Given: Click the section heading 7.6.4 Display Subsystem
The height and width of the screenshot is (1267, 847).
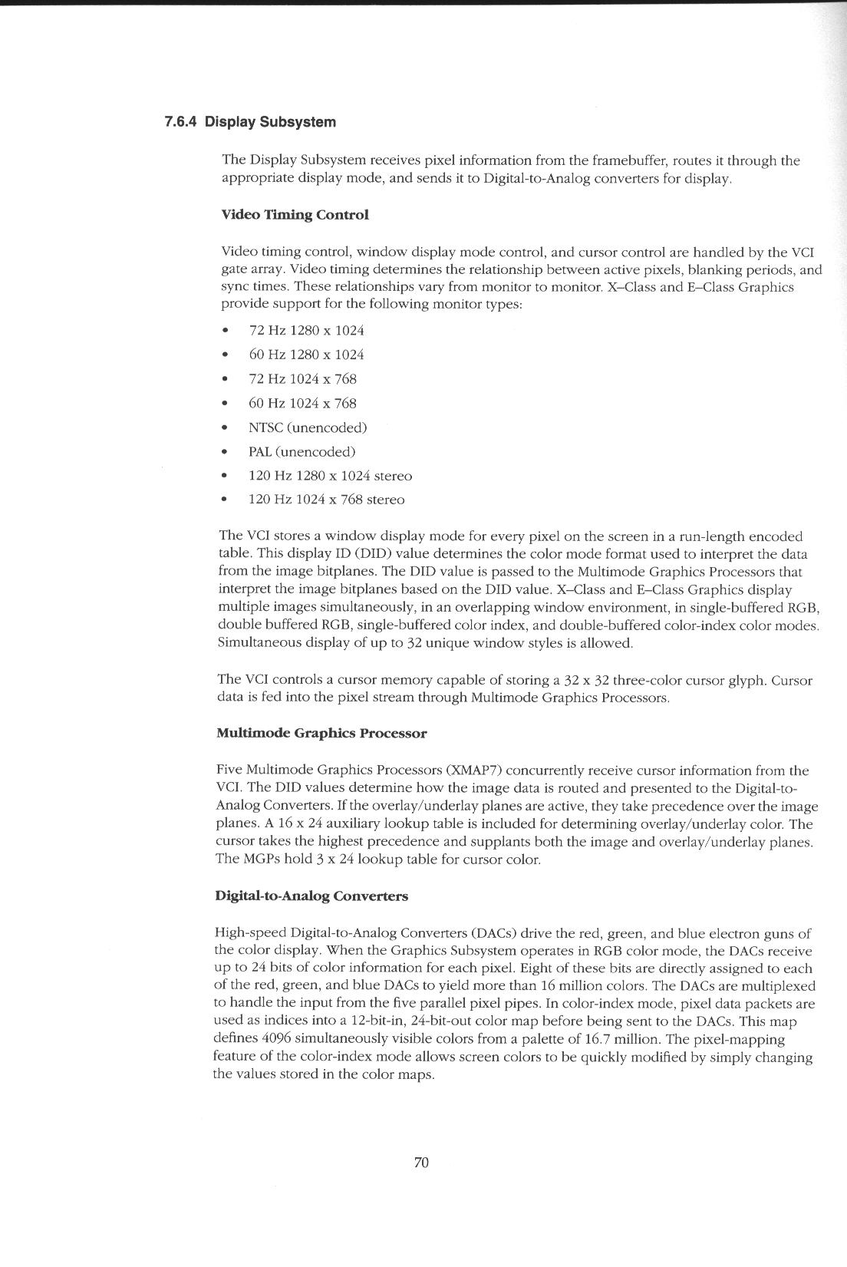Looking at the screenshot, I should point(250,122).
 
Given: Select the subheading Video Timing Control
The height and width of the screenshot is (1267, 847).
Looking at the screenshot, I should point(295,215).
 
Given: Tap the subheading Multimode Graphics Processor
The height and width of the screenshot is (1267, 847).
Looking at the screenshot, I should point(321,734).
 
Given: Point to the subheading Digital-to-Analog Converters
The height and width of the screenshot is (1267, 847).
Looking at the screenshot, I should point(311,896).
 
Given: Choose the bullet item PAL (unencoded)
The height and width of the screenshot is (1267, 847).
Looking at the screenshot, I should point(302,452).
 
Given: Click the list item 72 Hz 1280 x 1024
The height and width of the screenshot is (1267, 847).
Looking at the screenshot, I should point(306,331).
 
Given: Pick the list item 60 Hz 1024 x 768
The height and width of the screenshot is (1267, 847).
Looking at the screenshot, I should point(302,404).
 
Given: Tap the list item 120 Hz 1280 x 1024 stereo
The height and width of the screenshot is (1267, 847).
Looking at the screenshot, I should point(330,477).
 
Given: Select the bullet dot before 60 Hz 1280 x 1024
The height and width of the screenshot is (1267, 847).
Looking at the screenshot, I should point(225,355).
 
